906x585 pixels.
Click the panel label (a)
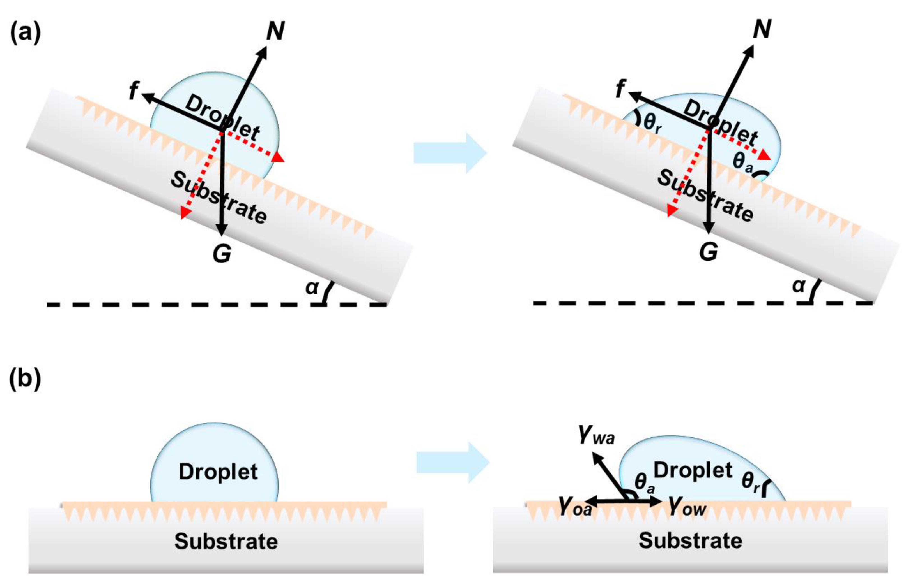[25, 33]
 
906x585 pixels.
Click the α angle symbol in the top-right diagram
[798, 286]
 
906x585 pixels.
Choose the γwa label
[596, 437]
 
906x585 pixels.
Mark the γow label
[687, 508]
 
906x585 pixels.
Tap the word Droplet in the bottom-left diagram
[218, 472]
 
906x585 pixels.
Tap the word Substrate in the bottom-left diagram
[226, 541]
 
